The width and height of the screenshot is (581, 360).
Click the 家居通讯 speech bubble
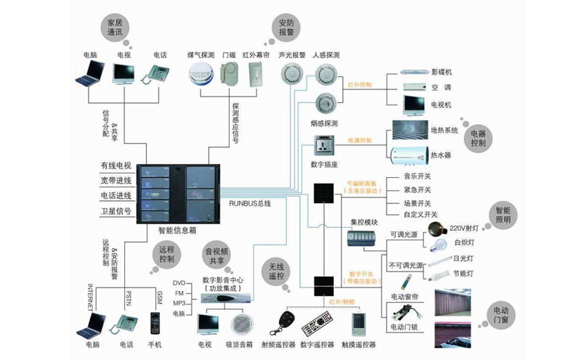pyautogui.click(x=115, y=28)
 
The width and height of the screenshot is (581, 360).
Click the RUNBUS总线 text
pyautogui.click(x=251, y=204)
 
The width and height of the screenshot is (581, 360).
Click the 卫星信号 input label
pyautogui.click(x=115, y=211)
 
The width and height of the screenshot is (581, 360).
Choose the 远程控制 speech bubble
pyautogui.click(x=166, y=253)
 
